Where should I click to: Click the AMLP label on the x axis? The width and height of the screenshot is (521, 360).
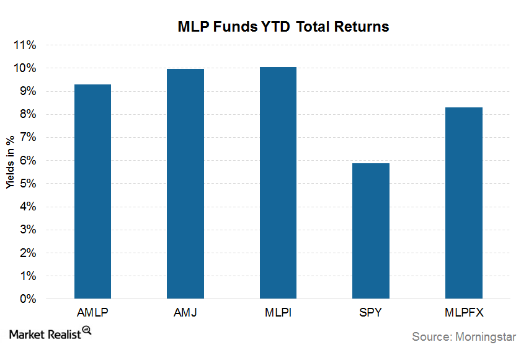click(x=92, y=312)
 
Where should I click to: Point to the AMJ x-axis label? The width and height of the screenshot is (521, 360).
click(x=185, y=312)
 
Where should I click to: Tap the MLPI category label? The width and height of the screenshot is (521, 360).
click(x=278, y=312)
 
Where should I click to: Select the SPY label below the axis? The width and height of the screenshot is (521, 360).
click(x=371, y=312)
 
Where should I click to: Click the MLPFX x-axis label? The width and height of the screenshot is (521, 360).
click(x=464, y=312)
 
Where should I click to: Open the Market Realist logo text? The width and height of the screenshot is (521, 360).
click(x=45, y=335)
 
